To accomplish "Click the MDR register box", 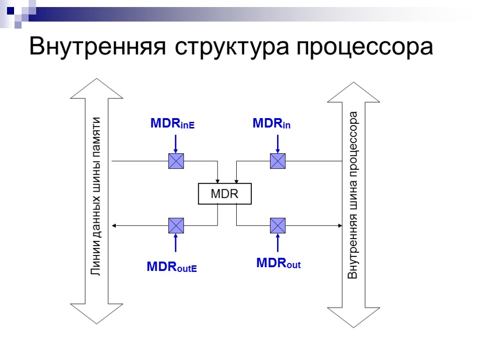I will (225, 194).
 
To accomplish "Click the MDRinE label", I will (172, 124).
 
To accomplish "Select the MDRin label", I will (271, 124).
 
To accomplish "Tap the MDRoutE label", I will (172, 267).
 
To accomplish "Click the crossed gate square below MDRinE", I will (176, 161).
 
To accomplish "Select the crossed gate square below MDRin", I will (277, 161).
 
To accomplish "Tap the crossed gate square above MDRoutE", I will (176, 225).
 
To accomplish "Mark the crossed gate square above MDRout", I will (277, 225).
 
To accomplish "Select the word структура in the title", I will (234, 46).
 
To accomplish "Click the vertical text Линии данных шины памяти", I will (96, 196).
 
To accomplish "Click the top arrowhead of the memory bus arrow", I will (96, 89).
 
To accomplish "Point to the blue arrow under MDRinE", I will (176, 143).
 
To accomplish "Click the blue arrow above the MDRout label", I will (277, 243).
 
